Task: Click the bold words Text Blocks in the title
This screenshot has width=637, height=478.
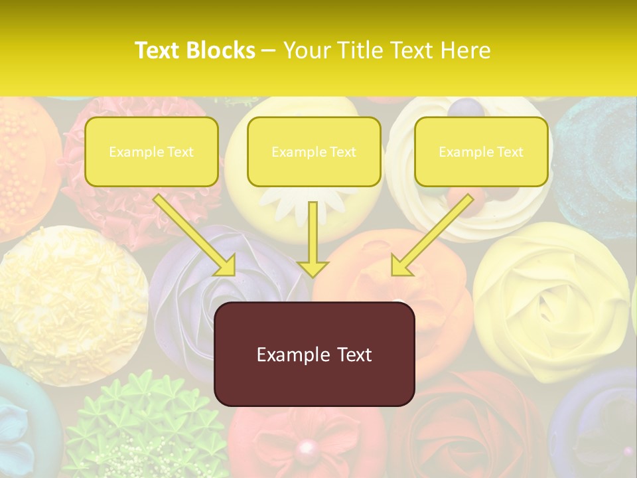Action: pos(194,50)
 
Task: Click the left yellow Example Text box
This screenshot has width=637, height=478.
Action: pos(151,151)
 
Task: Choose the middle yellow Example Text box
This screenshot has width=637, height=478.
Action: pos(314,151)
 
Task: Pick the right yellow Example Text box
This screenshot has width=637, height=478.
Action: pos(481,151)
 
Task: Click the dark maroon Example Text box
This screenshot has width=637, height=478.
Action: pos(314,355)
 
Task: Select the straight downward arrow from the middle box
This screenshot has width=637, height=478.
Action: pos(313,239)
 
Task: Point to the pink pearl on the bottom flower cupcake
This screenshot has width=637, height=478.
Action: pos(306,448)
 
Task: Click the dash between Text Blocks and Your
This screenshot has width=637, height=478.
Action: pos(269,50)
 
